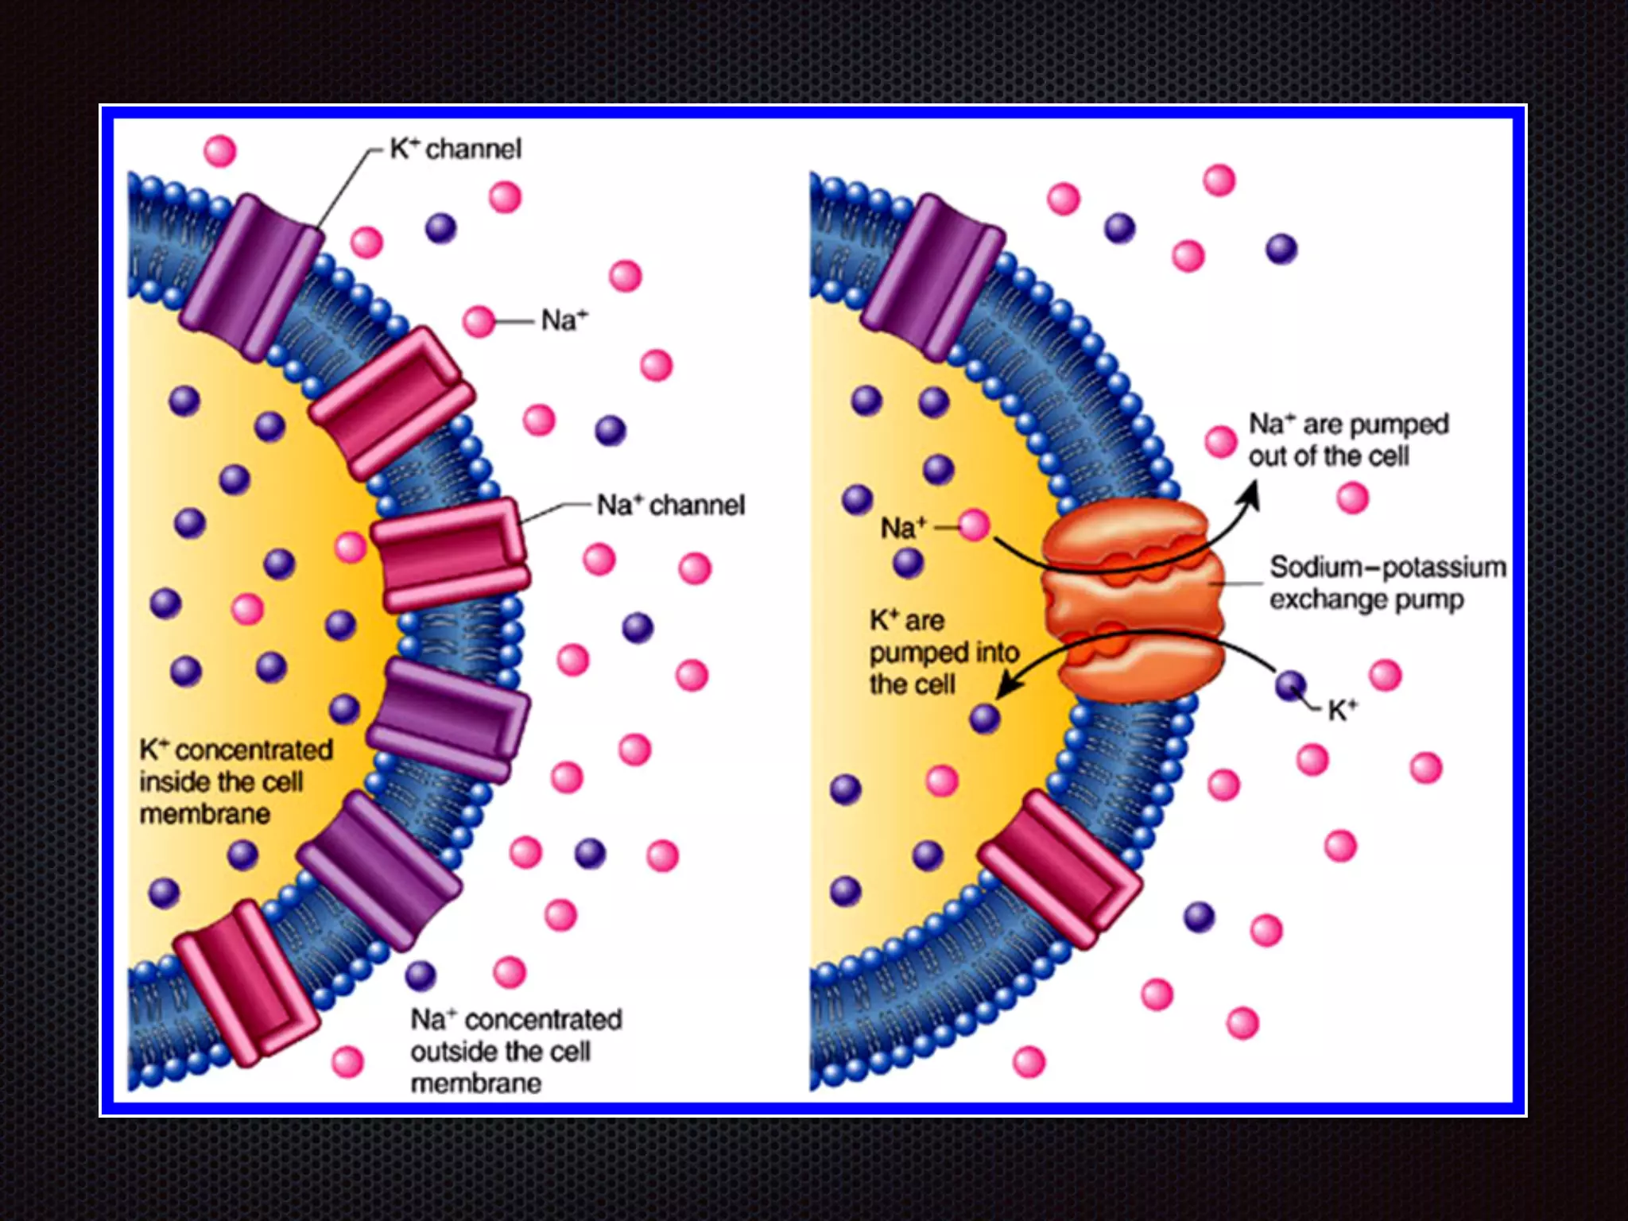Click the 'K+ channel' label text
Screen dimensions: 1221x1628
[x=455, y=149]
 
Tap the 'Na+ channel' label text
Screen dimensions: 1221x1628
[x=671, y=505]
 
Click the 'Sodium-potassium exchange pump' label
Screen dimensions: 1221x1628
[x=1387, y=583]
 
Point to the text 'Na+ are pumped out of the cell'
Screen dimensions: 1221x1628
[x=1348, y=440]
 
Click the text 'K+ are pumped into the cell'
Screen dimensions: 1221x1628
[x=943, y=652]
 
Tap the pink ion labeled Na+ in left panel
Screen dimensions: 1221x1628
[x=479, y=321]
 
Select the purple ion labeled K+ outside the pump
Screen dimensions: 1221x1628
[x=1290, y=684]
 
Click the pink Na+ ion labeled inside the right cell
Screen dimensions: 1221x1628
[x=974, y=525]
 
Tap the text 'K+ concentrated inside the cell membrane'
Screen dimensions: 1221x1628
[x=235, y=781]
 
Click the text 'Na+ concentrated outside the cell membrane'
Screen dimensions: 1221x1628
[x=515, y=1051]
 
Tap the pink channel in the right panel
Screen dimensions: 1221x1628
[x=1060, y=869]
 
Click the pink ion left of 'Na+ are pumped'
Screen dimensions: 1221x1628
[x=1220, y=441]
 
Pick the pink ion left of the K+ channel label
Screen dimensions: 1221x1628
[x=220, y=150]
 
